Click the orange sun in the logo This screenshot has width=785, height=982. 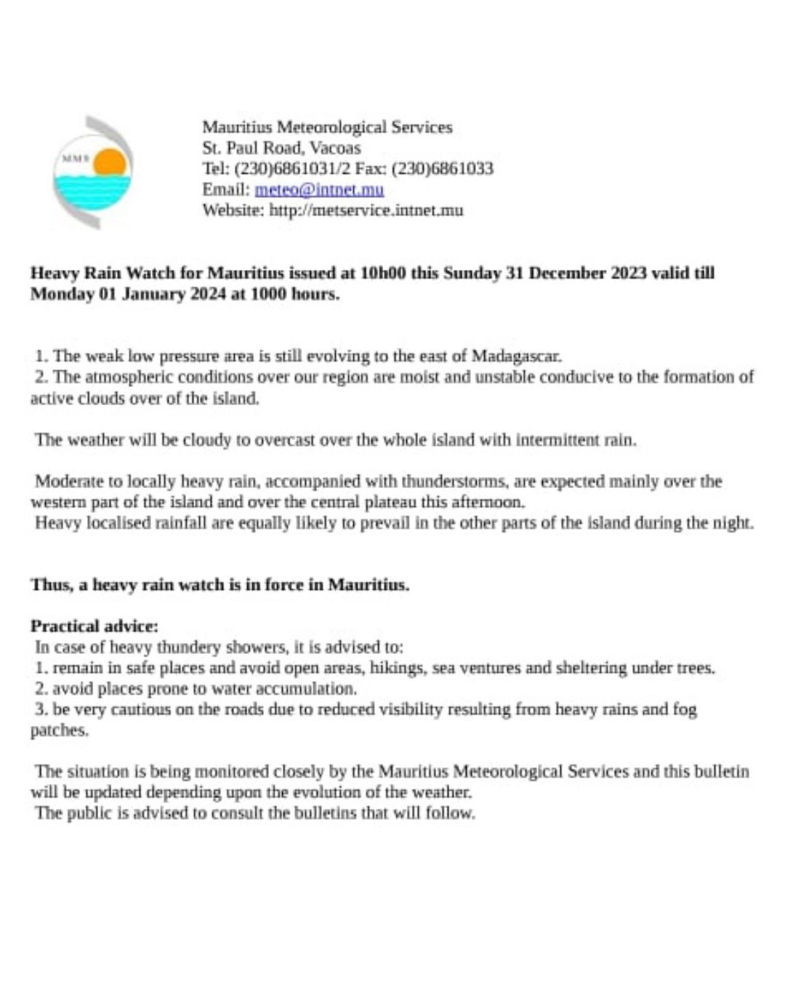[110, 162]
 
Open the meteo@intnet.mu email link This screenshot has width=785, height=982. [319, 190]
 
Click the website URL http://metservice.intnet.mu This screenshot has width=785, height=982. [366, 211]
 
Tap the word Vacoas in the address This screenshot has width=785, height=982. [334, 148]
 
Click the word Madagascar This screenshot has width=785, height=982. [517, 356]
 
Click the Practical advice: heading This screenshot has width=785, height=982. [94, 626]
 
